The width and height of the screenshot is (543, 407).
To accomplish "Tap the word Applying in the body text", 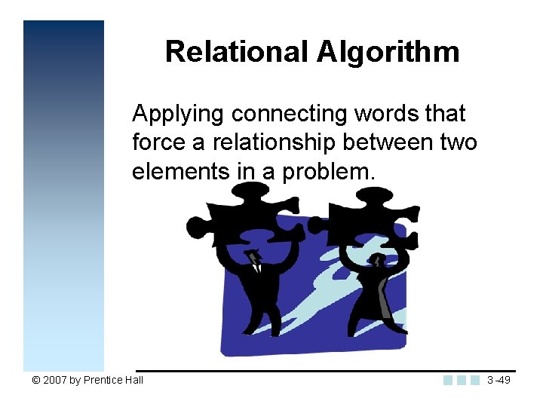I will tap(178, 115).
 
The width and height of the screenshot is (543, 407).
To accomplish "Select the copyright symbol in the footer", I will tap(35, 380).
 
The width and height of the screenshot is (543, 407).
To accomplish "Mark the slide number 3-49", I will tap(498, 380).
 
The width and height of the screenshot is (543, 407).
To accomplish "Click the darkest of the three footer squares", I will tap(449, 380).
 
